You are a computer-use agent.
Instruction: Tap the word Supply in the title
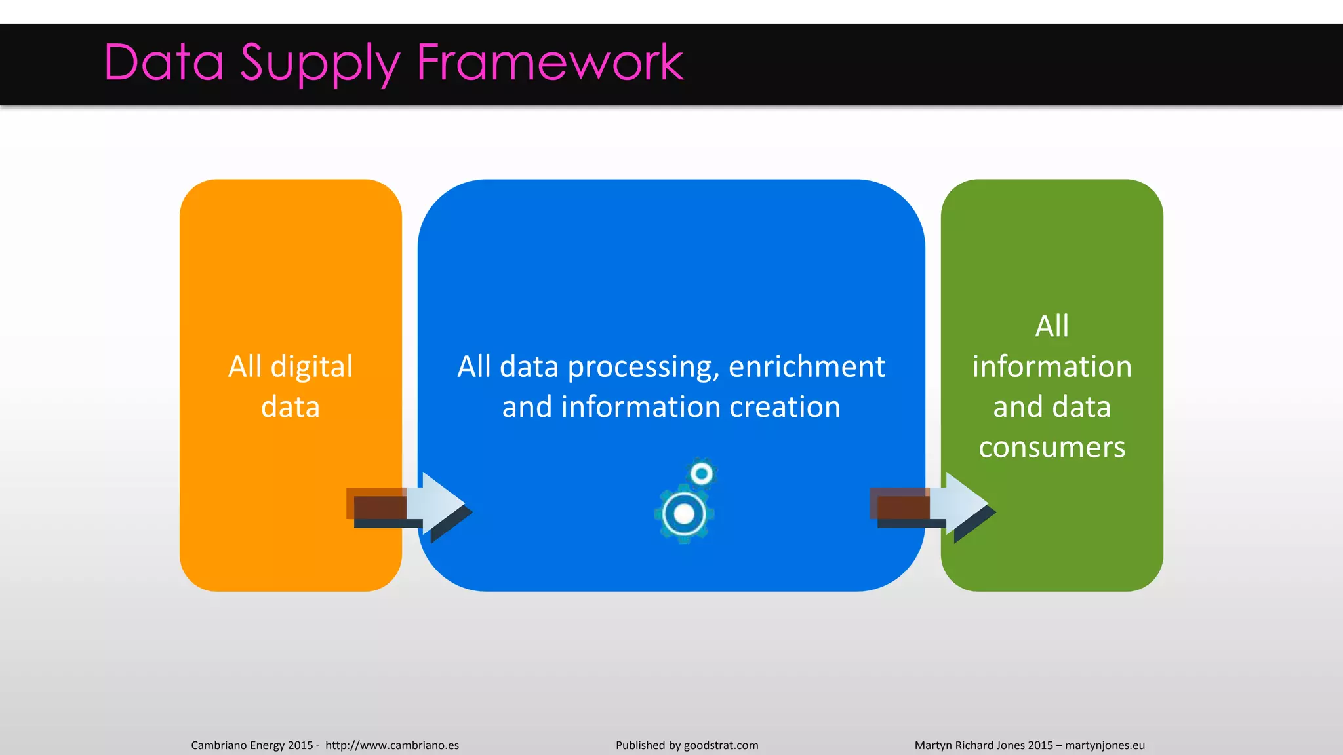tap(319, 64)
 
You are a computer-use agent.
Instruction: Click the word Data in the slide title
tap(164, 62)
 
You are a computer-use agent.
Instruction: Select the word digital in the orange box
tap(311, 366)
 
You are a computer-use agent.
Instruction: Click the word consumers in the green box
tap(1052, 448)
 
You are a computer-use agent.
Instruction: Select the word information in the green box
tap(1052, 366)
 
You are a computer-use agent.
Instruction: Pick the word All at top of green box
tap(1052, 326)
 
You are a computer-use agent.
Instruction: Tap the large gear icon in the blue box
tap(684, 514)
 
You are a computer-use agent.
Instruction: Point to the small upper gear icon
tap(702, 473)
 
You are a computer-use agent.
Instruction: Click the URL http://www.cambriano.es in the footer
tap(391, 745)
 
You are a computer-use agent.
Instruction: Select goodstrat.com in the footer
tap(721, 745)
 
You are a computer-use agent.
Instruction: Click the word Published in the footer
tap(640, 745)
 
